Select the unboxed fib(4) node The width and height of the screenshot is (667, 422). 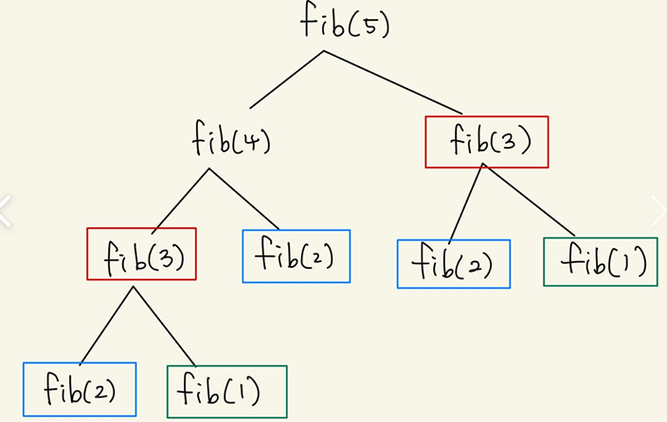[230, 142]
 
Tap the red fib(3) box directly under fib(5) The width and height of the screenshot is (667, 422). [487, 141]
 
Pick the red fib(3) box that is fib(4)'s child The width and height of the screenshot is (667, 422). [141, 254]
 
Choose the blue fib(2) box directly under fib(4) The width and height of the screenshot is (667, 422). [297, 255]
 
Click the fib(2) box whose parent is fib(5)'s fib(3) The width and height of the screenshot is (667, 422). [454, 263]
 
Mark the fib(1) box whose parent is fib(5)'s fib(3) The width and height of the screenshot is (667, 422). [601, 261]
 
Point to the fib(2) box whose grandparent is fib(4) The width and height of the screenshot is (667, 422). [80, 389]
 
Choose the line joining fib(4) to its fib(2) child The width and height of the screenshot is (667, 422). [244, 199]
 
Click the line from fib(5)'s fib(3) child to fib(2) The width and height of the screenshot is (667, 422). [466, 202]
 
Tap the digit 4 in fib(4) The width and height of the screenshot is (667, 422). [251, 144]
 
